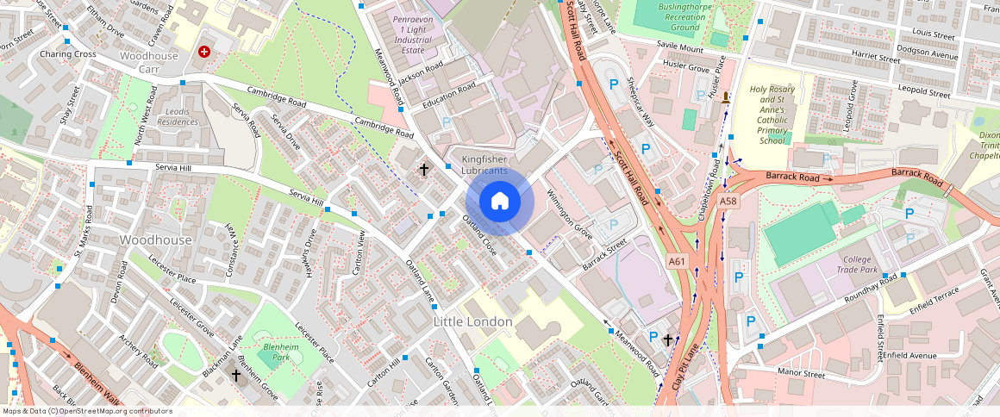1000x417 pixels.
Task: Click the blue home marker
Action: [x=500, y=202]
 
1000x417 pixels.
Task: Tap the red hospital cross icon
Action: [x=204, y=52]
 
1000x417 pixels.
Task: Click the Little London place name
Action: [x=472, y=321]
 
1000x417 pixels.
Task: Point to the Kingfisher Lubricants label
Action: [x=484, y=165]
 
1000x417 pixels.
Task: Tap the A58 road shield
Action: [x=728, y=201]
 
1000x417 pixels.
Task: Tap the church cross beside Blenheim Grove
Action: [x=236, y=376]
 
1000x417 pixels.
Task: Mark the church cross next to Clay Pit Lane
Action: [x=668, y=340]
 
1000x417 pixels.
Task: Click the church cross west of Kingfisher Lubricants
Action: [x=423, y=170]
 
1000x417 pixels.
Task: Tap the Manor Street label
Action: [x=801, y=373]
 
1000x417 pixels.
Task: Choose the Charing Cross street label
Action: [x=67, y=53]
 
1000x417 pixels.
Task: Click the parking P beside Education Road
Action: [x=446, y=123]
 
